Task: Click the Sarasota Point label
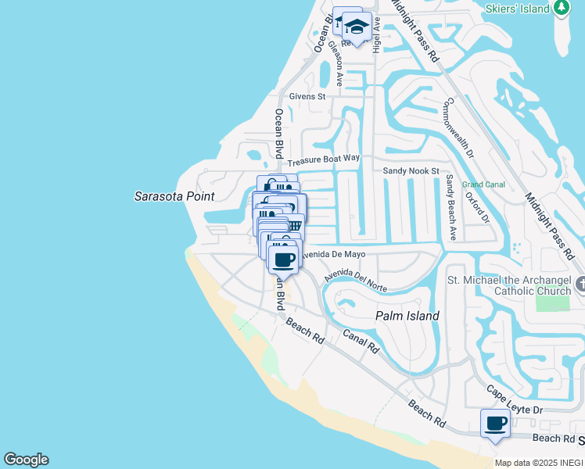[x=174, y=196]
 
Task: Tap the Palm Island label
[x=407, y=316]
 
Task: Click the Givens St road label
[x=307, y=97]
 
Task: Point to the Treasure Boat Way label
[x=323, y=160]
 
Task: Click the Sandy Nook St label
[x=411, y=170]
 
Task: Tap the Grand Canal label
[x=483, y=185]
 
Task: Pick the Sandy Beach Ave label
[x=451, y=206]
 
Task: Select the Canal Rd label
[x=361, y=341]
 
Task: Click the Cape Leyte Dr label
[x=515, y=400]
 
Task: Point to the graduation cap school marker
[x=357, y=27]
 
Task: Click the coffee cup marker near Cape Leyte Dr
[x=494, y=424]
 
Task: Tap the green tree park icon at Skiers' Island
[x=561, y=8]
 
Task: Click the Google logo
[x=26, y=460]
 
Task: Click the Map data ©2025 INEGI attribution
[x=539, y=463]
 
